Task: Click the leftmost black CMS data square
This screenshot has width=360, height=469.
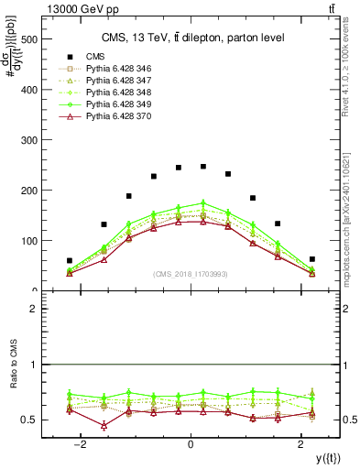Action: tap(70, 261)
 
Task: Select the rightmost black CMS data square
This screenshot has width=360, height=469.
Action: tap(311, 259)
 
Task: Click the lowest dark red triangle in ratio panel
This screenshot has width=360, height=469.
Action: tap(104, 426)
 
